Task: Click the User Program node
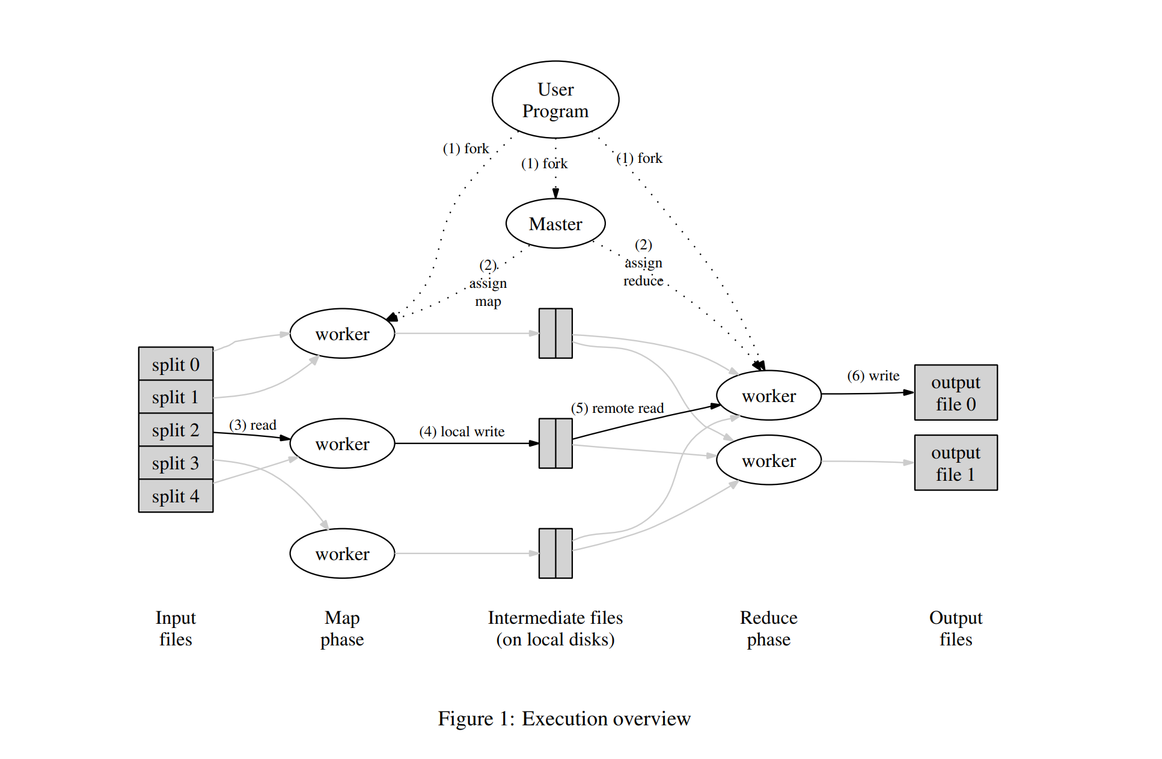555,100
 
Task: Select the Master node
555,224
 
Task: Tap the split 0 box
176,364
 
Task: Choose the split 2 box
176,430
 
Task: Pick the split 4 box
176,496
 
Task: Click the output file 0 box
955,393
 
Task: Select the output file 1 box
955,463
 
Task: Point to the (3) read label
252,425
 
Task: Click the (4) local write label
462,431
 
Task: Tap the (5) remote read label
617,408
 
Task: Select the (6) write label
873,376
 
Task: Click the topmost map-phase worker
342,334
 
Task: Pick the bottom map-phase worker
342,553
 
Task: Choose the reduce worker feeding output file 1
768,460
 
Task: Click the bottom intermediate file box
555,553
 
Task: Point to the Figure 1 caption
564,719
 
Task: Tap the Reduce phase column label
768,628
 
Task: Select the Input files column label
176,628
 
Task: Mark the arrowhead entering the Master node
555,194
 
